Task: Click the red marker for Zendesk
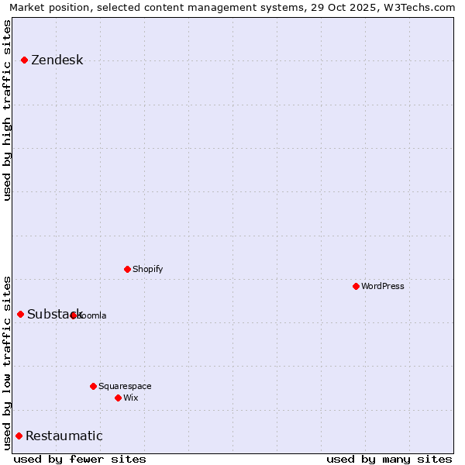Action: pos(24,60)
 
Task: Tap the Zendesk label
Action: pos(57,60)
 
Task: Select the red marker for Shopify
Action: pos(127,269)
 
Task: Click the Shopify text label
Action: pos(147,269)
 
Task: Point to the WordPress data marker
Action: pos(356,286)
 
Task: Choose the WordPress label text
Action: pos(382,286)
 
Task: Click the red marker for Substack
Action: pos(20,314)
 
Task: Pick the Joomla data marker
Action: pos(73,315)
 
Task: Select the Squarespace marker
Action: pos(93,386)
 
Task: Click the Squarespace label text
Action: pos(125,386)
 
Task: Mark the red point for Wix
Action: pos(118,398)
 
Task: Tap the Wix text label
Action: pos(130,398)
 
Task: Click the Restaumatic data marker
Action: pos(19,436)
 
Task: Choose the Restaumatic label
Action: pos(64,436)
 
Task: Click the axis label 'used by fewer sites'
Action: pos(80,459)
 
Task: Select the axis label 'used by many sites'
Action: pos(389,459)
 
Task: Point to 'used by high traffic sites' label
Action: pos(8,110)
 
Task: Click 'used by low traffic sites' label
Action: pos(8,362)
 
